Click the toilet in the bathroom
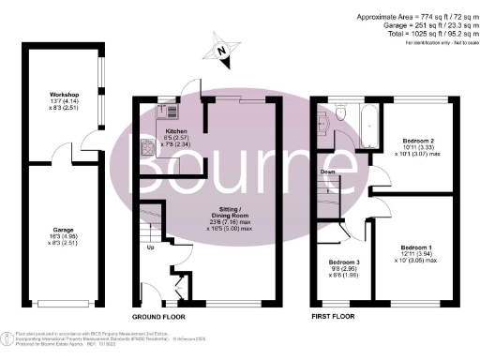(x=342, y=113)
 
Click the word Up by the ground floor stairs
(x=150, y=248)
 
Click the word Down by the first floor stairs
(x=329, y=172)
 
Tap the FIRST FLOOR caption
(x=337, y=317)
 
